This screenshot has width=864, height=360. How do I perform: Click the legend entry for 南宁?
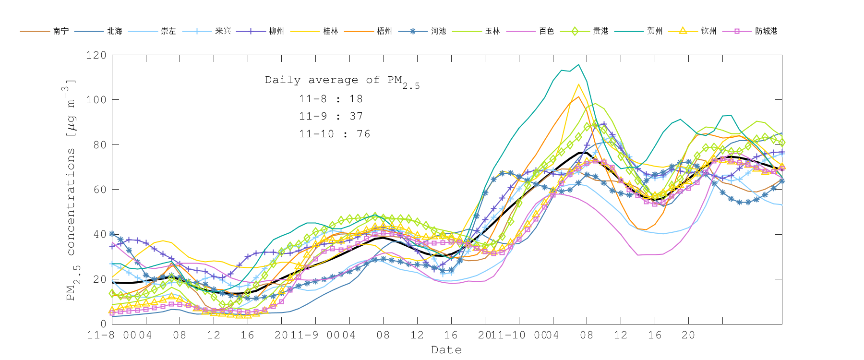[61, 31]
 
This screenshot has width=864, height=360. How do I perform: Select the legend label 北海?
[115, 31]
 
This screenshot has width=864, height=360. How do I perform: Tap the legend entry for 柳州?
[276, 31]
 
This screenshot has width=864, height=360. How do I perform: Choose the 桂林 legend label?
[331, 31]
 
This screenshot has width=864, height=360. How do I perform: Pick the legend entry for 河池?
[438, 31]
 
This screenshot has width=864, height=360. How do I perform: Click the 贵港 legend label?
[600, 31]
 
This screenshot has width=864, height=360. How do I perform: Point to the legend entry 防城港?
[766, 31]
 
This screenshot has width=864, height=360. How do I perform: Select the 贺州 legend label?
[655, 31]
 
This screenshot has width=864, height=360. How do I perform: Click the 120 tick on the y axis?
[96, 55]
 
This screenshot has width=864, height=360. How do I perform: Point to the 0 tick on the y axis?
[103, 324]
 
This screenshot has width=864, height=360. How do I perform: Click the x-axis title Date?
[446, 350]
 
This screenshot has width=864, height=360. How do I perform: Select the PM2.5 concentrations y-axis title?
[71, 190]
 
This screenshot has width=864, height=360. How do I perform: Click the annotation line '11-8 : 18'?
[331, 99]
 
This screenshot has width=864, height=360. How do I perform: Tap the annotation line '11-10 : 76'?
[335, 134]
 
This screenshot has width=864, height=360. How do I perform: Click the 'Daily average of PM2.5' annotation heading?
[342, 81]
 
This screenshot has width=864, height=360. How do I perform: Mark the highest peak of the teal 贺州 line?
[578, 64]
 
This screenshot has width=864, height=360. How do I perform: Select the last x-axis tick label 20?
[688, 335]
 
